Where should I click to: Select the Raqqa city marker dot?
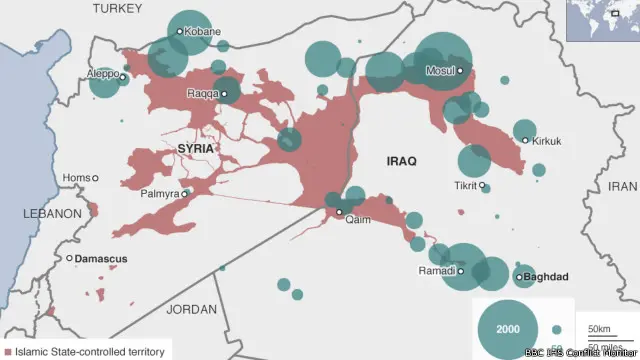224,95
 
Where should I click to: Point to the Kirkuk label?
549,141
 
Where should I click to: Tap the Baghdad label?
546,277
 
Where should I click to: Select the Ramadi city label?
437,271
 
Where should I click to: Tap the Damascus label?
103,259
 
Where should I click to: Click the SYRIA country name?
196,149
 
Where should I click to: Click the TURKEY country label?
118,9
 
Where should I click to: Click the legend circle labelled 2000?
508,329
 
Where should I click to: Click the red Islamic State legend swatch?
8,352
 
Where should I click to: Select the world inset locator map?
602,20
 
